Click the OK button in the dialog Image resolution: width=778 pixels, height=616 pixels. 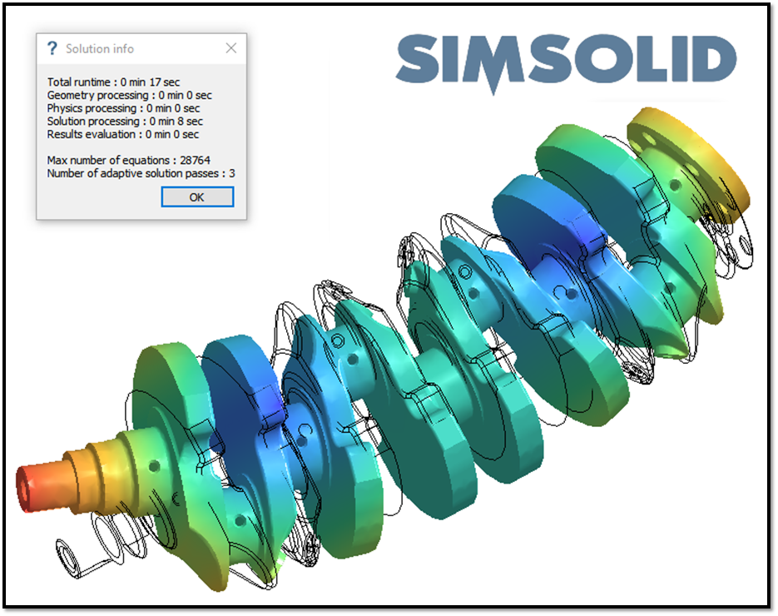click(x=197, y=197)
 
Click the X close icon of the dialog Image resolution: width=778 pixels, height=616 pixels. click(x=230, y=48)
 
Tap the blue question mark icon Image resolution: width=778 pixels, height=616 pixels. click(x=52, y=48)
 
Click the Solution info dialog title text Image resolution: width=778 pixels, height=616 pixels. click(x=100, y=48)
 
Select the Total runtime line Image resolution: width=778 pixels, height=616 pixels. click(x=113, y=82)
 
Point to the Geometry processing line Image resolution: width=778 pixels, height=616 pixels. click(x=130, y=95)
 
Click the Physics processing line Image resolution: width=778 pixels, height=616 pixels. click(x=123, y=108)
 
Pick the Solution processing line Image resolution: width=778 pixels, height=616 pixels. click(x=125, y=121)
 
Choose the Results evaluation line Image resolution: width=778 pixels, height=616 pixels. click(x=123, y=134)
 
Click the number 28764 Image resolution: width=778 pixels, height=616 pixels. click(x=195, y=161)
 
